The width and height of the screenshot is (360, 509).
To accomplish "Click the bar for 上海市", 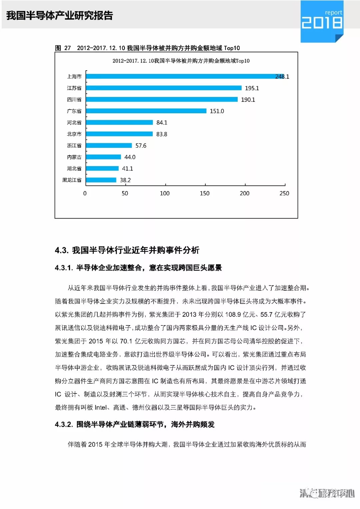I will tap(185, 76).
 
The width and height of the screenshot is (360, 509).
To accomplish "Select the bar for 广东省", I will tap(146, 111).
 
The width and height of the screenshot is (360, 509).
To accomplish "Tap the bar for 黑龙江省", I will tap(101, 180).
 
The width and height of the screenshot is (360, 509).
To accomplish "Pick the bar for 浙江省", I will tap(109, 146).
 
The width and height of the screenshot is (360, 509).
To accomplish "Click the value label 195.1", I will tap(252, 88).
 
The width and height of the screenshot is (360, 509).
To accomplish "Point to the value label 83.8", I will tap(162, 134).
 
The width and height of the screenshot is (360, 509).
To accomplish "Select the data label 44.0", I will tap(130, 157).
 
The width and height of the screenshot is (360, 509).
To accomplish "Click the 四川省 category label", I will tap(74, 100).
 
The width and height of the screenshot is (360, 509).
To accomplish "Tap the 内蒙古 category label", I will tap(74, 157).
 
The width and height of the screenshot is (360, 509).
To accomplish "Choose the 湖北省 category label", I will tap(74, 169).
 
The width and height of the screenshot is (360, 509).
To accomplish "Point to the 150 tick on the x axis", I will tap(204, 194).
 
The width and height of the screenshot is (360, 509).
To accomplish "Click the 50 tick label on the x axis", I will tap(125, 194).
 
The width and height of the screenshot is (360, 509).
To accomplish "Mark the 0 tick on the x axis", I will tap(85, 194).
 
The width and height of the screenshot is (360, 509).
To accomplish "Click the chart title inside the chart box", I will tap(181, 61).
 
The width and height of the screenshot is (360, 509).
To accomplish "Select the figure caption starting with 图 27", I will tap(147, 48).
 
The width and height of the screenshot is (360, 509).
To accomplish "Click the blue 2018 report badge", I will tap(322, 21).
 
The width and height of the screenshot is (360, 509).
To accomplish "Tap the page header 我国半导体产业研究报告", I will tap(60, 15).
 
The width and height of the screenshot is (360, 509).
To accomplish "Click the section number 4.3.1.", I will tap(64, 268).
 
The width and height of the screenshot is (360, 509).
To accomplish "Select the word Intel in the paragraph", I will tap(101, 407).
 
